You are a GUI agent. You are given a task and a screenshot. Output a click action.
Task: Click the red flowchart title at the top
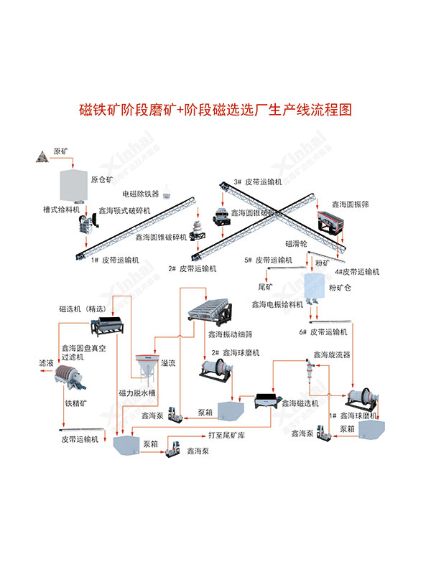[215, 111]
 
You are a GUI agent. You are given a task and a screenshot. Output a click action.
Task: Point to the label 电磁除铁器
[140, 194]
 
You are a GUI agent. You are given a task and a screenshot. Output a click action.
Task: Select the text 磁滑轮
[298, 244]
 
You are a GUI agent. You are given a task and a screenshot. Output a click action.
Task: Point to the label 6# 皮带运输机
[323, 332]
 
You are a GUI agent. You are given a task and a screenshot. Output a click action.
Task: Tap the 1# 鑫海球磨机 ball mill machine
[360, 400]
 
